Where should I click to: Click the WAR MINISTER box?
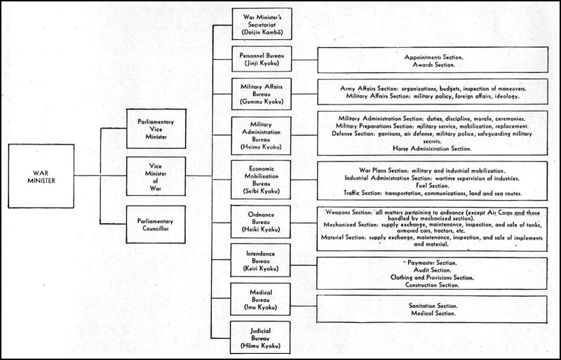pos(41,176)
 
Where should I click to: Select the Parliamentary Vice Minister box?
pos(156,129)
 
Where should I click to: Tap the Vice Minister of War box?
pos(156,176)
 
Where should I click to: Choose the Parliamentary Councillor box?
pos(156,225)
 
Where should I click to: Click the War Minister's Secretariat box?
pos(262,24)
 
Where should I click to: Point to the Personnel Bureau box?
pos(262,59)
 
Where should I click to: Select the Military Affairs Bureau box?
pos(262,94)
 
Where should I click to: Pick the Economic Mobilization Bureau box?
pos(261,180)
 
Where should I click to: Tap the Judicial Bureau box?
pos(260,338)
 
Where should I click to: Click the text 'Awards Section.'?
pos(433,65)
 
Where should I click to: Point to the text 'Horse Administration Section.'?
pos(432,148)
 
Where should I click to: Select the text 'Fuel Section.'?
pos(432,185)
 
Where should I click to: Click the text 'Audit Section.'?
pos(432,270)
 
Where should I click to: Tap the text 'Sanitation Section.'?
pos(433,306)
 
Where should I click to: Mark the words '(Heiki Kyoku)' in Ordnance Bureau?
pos(260,229)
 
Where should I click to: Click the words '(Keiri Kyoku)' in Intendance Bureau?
pos(260,268)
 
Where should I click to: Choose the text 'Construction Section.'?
pos(432,285)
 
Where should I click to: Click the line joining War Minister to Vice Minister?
pos(100,176)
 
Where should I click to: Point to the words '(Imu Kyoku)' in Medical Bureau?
pos(260,307)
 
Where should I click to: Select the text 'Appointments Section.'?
pos(433,58)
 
